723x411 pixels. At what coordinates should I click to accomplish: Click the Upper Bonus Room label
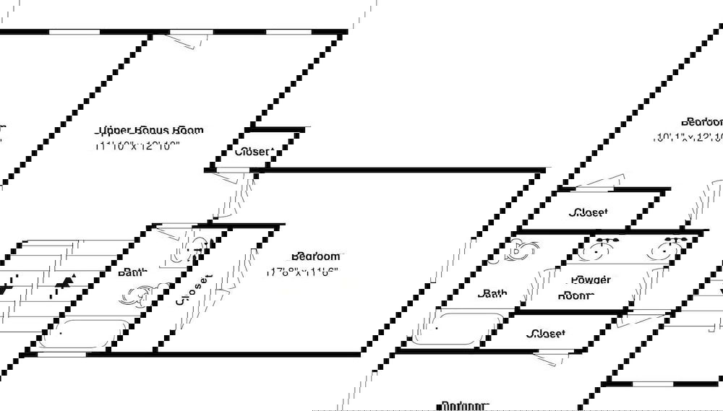tap(150, 131)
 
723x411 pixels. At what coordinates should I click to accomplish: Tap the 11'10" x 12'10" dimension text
tap(137, 145)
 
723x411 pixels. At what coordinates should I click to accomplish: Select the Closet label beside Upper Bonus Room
tap(253, 152)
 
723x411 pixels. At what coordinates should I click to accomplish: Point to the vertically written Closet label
tap(184, 289)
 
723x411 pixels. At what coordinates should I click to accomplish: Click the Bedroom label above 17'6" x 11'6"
tap(315, 256)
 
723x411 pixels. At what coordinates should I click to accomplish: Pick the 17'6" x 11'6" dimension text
tap(302, 273)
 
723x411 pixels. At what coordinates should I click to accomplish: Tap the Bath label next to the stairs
tap(132, 273)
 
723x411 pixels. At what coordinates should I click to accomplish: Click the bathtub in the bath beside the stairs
tap(85, 332)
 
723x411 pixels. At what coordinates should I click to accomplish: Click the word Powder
tap(590, 280)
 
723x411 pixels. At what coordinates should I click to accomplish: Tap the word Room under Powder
tap(576, 295)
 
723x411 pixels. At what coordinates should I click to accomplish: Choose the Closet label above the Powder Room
tap(588, 212)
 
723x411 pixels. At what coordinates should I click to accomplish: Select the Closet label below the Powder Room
tap(546, 334)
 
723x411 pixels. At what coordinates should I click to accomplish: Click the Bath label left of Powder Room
tap(492, 294)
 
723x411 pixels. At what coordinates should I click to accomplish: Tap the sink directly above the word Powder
tap(598, 249)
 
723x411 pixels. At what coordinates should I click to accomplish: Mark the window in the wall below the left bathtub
tap(61, 354)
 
